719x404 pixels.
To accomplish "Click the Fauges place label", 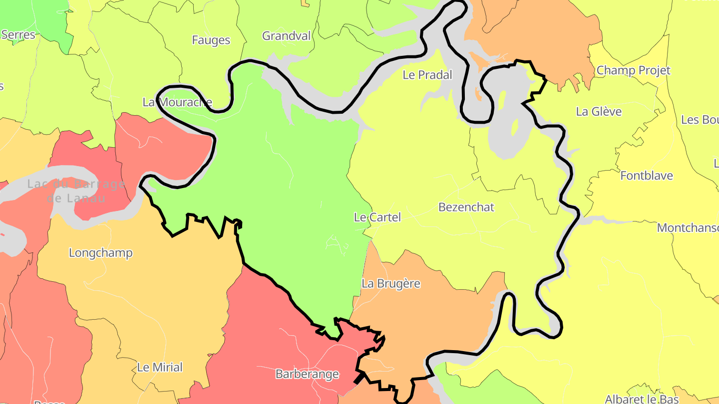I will coord(211,40).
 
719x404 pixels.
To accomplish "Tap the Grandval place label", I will coord(286,36).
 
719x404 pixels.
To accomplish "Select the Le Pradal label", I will coord(427,75).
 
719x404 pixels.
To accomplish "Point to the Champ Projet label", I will coord(633,70).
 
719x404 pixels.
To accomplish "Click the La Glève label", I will coord(599,111).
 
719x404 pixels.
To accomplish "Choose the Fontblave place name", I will coord(646,176).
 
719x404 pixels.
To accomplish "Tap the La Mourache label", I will coord(177,102).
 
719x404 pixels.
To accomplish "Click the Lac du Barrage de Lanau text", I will coord(76,191).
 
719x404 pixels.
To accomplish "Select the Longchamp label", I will coord(100,252).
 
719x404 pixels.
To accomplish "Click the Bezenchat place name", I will coord(466,207).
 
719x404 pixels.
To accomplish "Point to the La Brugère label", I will coord(391,283).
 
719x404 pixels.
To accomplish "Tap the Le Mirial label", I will coord(160,367).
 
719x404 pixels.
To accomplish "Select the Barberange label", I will coord(307,374).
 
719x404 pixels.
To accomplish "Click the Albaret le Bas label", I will coord(642,399).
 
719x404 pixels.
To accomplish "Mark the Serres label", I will coord(18,35).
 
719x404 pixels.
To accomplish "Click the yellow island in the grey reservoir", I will coord(515,127).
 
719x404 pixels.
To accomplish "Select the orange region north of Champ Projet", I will coord(534,30).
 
